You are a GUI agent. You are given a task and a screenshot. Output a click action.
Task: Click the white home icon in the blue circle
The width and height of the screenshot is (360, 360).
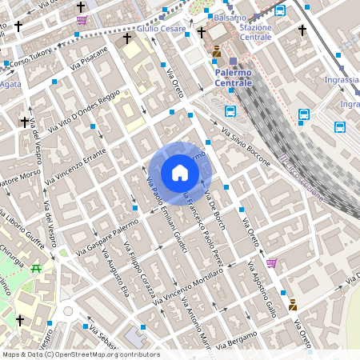tap(180, 173)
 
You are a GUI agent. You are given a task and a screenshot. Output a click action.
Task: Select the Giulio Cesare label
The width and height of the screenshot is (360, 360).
tap(162, 29)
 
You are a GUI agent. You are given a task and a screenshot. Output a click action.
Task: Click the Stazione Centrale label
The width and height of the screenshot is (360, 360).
tap(256, 32)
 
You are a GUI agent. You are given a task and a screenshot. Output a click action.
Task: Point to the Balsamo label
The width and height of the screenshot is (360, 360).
tap(230, 17)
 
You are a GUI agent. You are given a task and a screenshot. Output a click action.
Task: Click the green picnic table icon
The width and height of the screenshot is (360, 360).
tap(35, 267)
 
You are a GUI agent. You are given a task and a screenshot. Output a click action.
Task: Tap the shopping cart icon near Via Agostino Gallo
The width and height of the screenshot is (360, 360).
tap(271, 262)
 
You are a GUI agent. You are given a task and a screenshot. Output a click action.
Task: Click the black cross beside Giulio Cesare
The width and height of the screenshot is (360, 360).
tap(126, 38)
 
